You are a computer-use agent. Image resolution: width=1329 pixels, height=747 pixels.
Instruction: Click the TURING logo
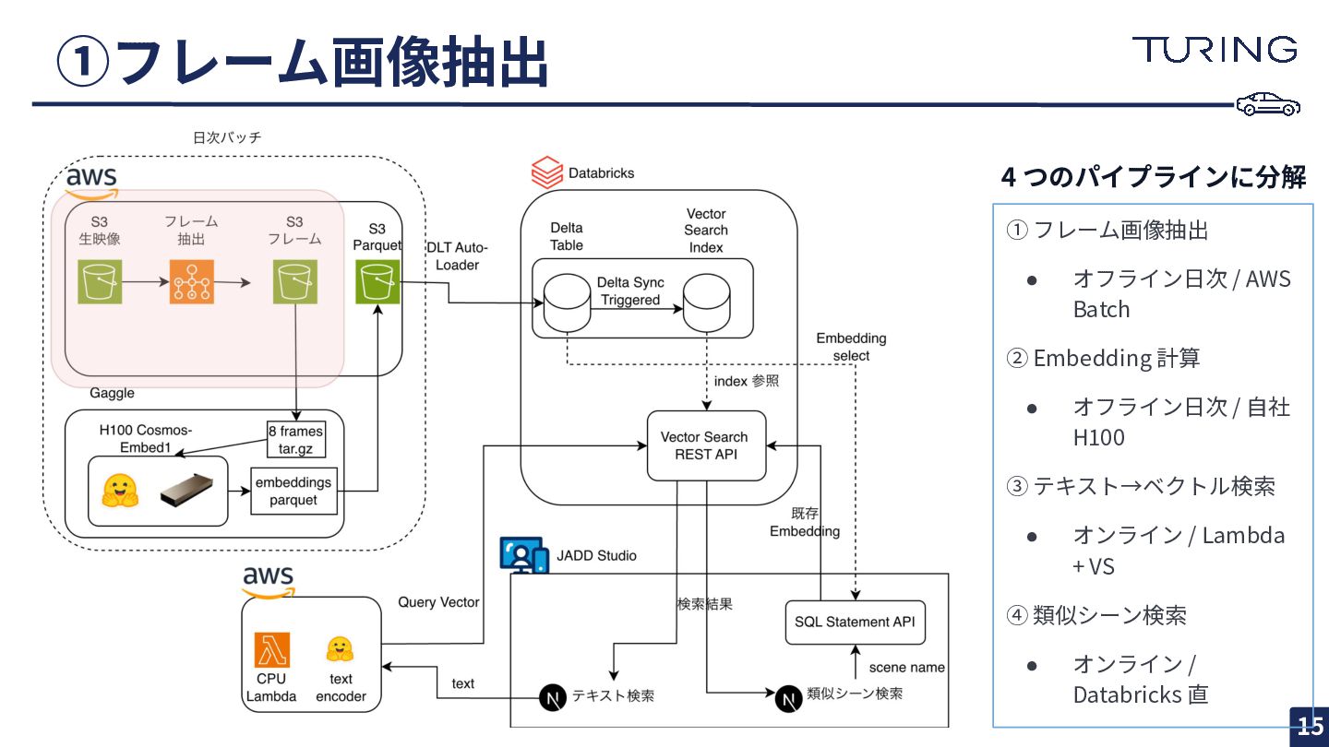coord(1215,50)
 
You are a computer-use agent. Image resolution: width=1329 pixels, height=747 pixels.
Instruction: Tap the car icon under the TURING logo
coord(1269,105)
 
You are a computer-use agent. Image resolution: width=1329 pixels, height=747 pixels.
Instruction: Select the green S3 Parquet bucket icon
coord(377,281)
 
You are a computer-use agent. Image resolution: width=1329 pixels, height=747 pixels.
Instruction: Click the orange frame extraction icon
coord(192,281)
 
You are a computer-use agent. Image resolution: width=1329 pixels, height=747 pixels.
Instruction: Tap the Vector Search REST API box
coord(706,445)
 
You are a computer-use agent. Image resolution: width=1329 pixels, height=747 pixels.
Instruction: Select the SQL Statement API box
coord(855,622)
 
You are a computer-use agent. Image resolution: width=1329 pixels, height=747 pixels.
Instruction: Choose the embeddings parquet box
coord(294,491)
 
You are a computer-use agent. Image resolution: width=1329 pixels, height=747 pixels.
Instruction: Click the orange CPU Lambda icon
coord(271,650)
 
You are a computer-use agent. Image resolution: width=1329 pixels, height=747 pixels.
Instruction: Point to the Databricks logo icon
coord(547,172)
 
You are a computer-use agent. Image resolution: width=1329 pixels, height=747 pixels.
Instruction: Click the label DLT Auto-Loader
coord(457,255)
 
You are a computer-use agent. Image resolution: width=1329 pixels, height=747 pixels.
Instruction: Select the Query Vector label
coord(438,602)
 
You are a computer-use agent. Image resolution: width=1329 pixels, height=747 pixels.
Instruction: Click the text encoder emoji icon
coord(341,650)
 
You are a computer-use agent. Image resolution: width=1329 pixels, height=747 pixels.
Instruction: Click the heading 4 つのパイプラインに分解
coord(1153,176)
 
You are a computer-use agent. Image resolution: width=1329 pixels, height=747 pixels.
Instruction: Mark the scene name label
coord(906,667)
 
